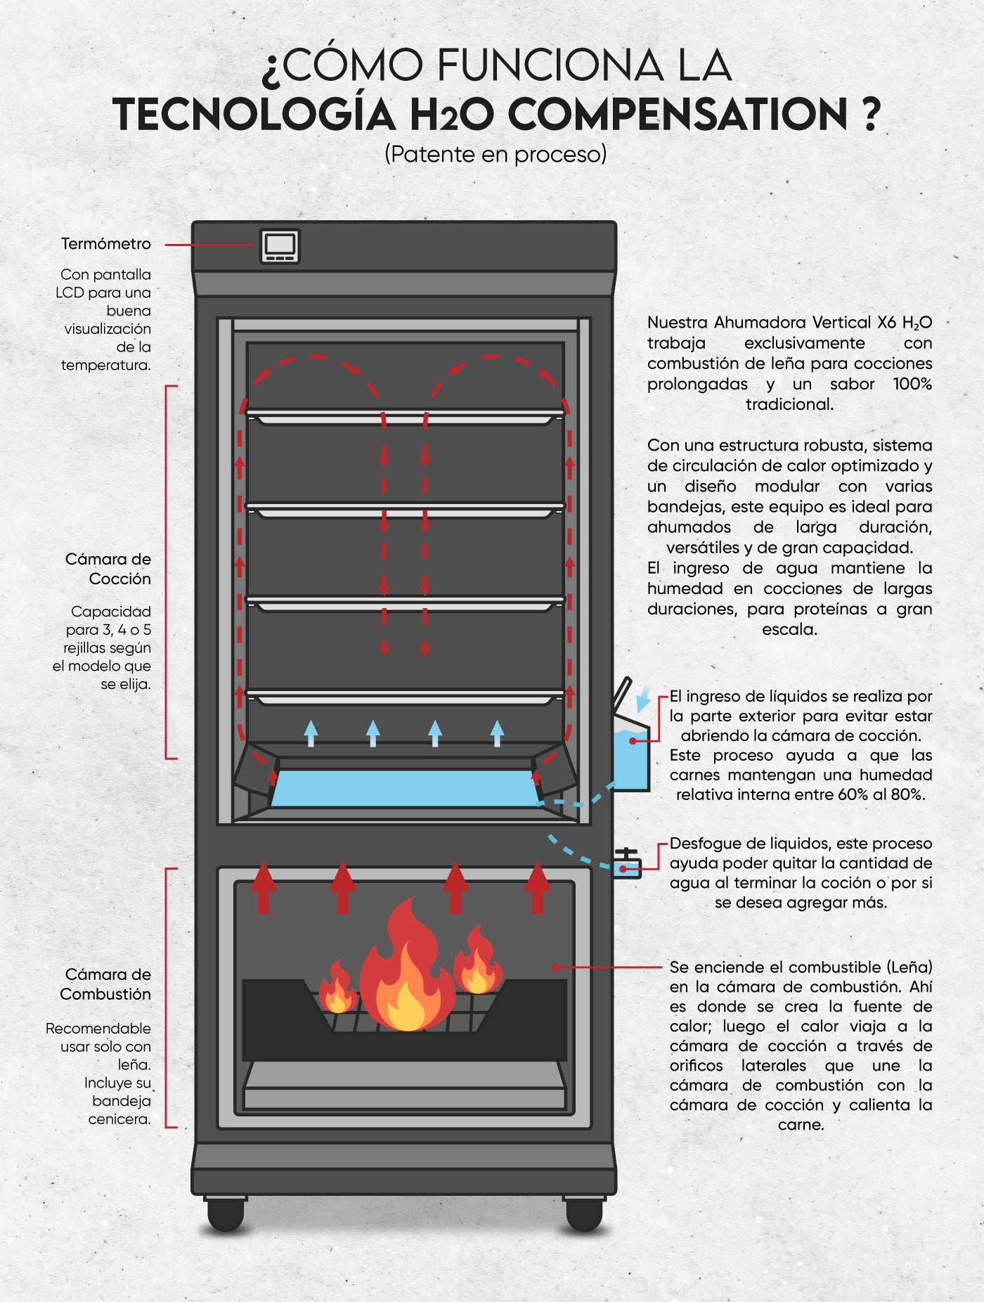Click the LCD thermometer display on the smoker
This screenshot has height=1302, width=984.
click(x=280, y=246)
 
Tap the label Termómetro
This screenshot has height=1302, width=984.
click(x=106, y=244)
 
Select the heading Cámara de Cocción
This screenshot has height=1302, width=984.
click(x=108, y=569)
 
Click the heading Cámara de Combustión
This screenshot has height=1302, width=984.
click(x=105, y=984)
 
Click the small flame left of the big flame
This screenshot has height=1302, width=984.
click(x=337, y=987)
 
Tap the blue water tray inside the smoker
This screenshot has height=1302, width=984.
click(x=405, y=788)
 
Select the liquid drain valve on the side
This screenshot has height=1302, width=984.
click(x=626, y=864)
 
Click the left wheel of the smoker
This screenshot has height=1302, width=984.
click(x=226, y=1213)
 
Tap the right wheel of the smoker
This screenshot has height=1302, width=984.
click(x=583, y=1213)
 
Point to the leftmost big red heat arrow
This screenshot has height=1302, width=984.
click(x=264, y=888)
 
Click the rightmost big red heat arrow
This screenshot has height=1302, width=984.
click(x=538, y=888)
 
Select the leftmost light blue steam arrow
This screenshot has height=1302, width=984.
click(x=311, y=733)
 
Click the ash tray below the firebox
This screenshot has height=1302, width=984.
click(x=404, y=1086)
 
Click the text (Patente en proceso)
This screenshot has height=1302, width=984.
click(x=496, y=154)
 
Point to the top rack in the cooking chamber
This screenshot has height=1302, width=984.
click(x=405, y=417)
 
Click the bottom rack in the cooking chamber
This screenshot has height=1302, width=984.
click(x=405, y=697)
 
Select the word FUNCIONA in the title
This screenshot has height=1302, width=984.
click(x=550, y=65)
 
